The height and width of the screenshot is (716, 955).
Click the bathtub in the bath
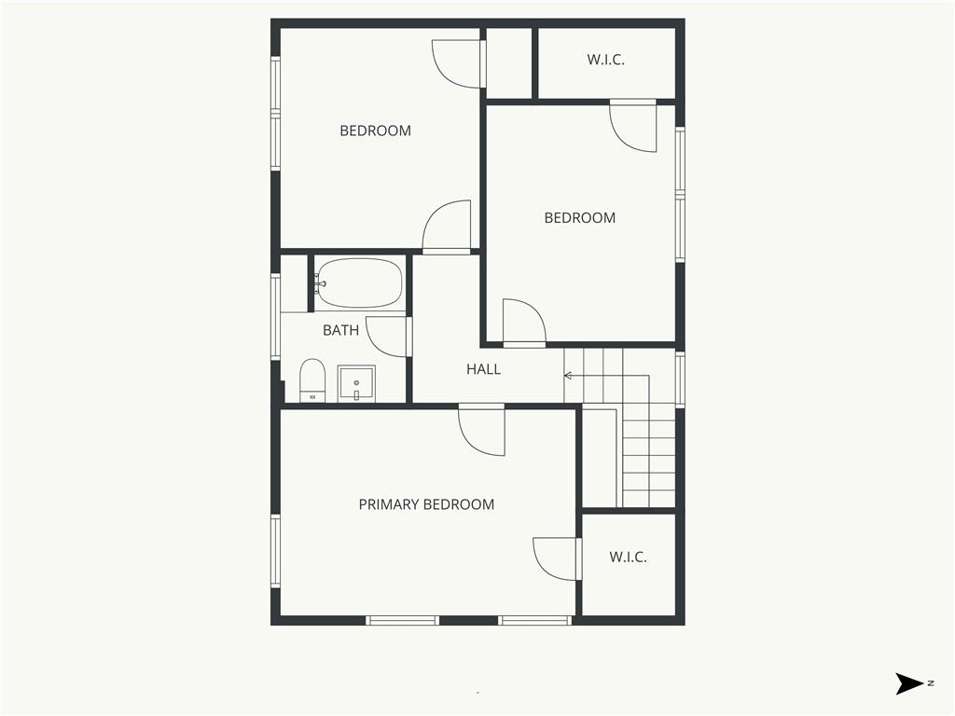(359, 283)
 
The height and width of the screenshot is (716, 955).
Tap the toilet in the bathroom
(312, 380)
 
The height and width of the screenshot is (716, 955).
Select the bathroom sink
(356, 383)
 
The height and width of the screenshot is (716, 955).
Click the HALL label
(484, 369)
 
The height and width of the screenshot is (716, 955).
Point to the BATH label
(340, 330)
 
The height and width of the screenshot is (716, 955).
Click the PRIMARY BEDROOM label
(426, 504)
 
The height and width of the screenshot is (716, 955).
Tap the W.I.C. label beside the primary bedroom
(628, 557)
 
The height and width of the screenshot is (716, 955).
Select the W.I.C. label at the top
(606, 59)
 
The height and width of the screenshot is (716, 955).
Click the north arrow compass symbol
(910, 683)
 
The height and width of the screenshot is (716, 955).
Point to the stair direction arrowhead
(568, 376)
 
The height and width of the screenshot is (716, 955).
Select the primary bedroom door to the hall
(482, 430)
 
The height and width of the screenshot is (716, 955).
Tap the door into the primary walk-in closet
(555, 559)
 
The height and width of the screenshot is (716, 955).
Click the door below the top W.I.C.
(633, 126)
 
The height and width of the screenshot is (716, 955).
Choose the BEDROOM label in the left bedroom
(375, 131)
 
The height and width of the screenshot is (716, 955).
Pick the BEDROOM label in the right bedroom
(580, 217)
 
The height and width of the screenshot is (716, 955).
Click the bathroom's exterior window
(275, 317)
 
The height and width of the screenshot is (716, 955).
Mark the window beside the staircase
(680, 379)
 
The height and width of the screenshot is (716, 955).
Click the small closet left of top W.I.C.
(509, 62)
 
